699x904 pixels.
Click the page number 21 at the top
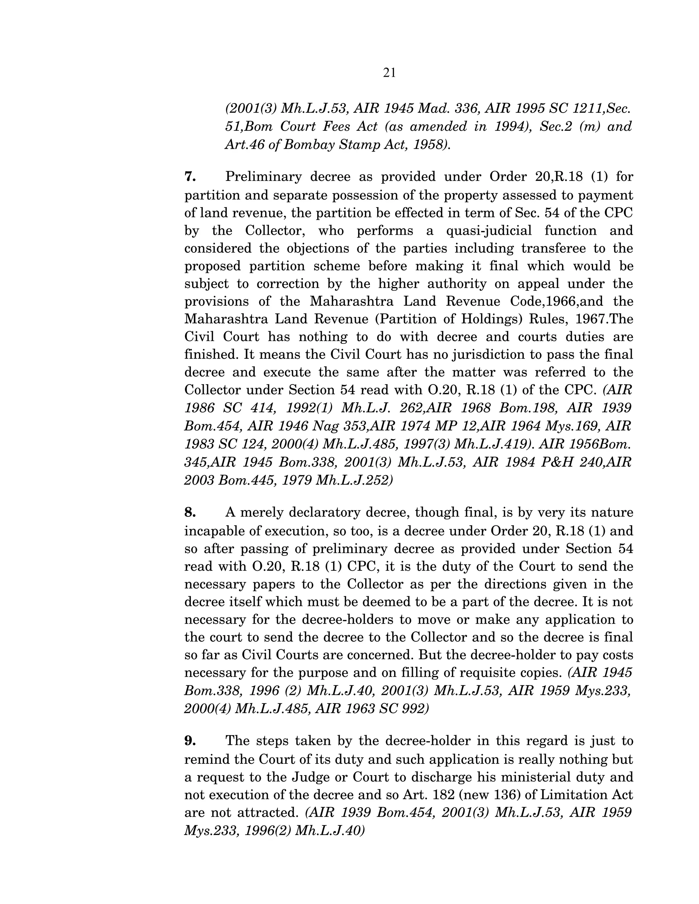[389, 73]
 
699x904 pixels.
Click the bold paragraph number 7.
[190, 177]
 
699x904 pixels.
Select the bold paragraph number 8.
[190, 512]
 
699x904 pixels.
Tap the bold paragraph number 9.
[190, 741]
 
